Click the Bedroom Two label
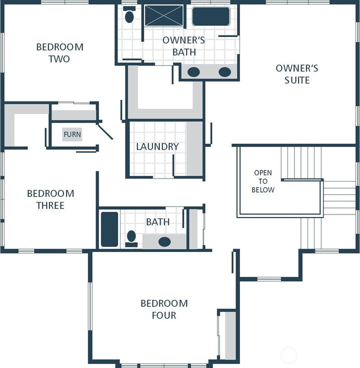(x=59, y=53)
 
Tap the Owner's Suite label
(x=297, y=74)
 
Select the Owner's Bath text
(x=183, y=46)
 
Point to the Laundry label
(x=157, y=146)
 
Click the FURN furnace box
(x=72, y=134)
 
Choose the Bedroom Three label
(x=50, y=199)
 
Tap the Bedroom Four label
(x=164, y=309)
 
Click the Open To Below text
(x=263, y=181)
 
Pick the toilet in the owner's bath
(x=129, y=16)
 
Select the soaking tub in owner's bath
(x=211, y=16)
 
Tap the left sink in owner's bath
(x=194, y=72)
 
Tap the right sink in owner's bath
(x=224, y=72)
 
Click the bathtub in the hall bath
(x=109, y=229)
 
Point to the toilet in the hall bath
(x=131, y=237)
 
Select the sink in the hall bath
(x=164, y=241)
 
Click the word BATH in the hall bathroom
(x=157, y=221)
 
